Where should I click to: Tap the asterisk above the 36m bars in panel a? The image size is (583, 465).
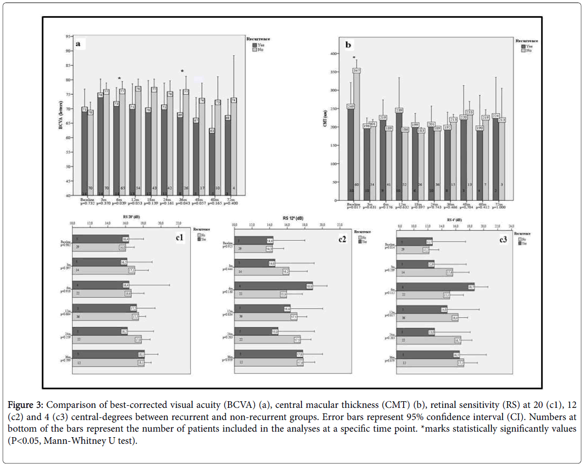(183, 71)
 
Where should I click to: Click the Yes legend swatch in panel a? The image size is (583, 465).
(254, 45)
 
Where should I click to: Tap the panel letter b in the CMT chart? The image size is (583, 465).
(348, 45)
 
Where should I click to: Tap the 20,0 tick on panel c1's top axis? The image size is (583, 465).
(161, 223)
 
